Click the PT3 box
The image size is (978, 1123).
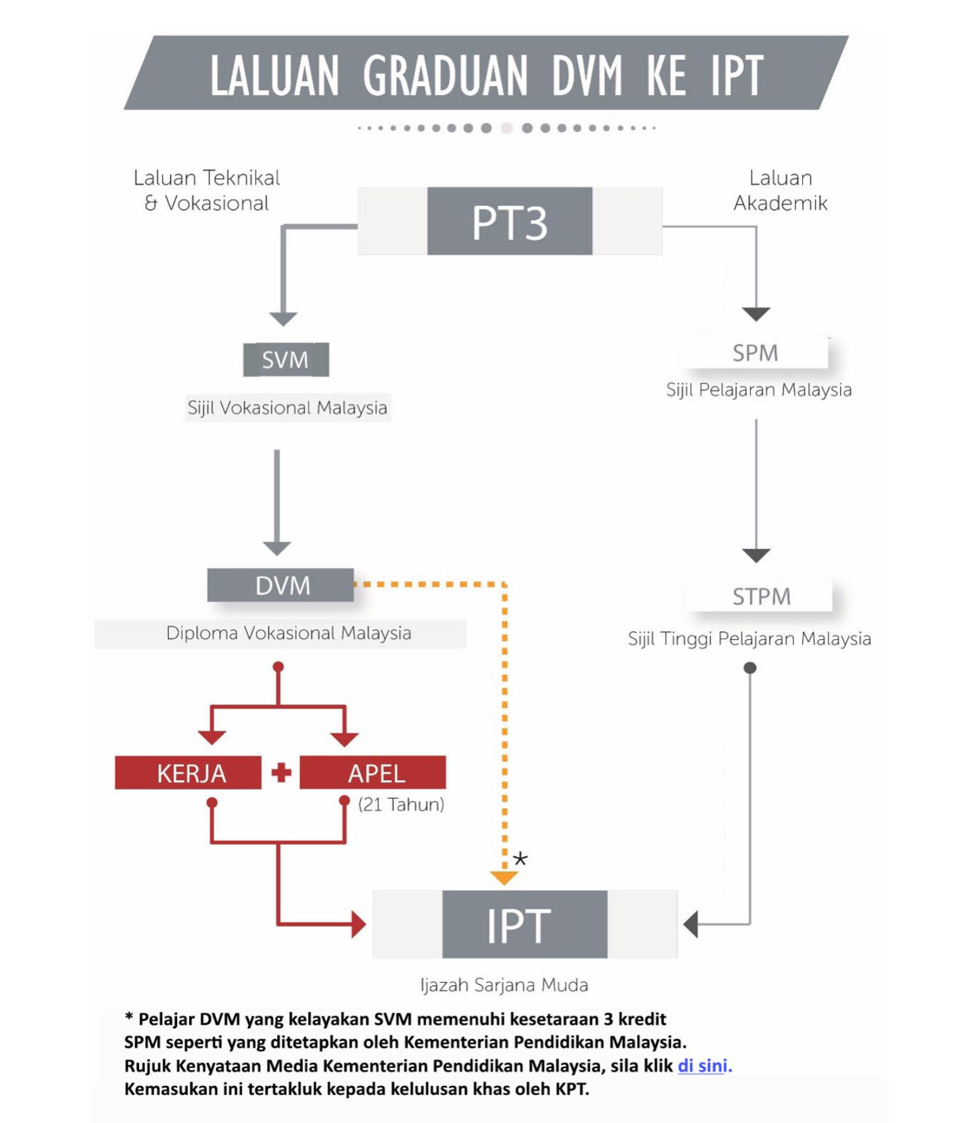510,221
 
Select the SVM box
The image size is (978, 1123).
286,359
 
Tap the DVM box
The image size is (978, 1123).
280,584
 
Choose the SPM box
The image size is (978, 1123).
755,352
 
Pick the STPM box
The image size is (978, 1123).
760,596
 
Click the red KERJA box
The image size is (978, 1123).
188,772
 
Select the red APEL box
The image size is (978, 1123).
373,772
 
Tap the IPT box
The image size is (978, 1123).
525,924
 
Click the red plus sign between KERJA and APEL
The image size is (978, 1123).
281,772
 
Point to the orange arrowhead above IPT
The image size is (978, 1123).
504,878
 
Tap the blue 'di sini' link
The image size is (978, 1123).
702,1066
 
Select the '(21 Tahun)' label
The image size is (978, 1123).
401,804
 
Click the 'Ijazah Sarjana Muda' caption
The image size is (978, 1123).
504,985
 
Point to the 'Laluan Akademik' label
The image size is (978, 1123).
780,190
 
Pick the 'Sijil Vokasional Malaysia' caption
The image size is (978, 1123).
287,407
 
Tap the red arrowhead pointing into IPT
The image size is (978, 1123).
359,924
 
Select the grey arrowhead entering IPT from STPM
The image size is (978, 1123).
691,924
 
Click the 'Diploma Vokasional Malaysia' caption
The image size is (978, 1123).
289,633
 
